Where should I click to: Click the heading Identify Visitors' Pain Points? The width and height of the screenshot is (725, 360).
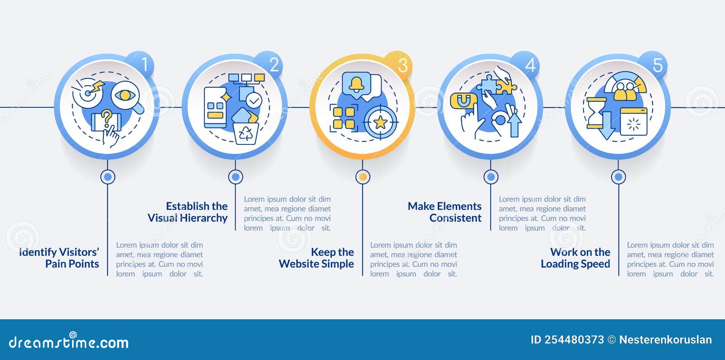click(59, 258)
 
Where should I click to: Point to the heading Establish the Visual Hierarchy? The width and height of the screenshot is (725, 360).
click(188, 212)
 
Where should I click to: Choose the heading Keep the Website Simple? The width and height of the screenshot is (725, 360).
click(316, 258)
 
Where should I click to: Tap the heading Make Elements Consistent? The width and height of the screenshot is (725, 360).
click(445, 212)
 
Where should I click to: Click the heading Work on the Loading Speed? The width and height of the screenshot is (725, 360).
click(575, 258)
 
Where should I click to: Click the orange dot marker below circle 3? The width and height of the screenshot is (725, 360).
click(363, 177)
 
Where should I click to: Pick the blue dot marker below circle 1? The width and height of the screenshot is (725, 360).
click(108, 177)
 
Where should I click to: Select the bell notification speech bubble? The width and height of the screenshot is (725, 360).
click(357, 84)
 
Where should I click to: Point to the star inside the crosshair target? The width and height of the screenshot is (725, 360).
click(380, 122)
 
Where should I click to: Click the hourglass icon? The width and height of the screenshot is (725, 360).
click(596, 113)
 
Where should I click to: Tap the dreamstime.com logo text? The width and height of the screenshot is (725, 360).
click(68, 341)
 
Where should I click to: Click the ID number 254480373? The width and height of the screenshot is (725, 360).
click(574, 340)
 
